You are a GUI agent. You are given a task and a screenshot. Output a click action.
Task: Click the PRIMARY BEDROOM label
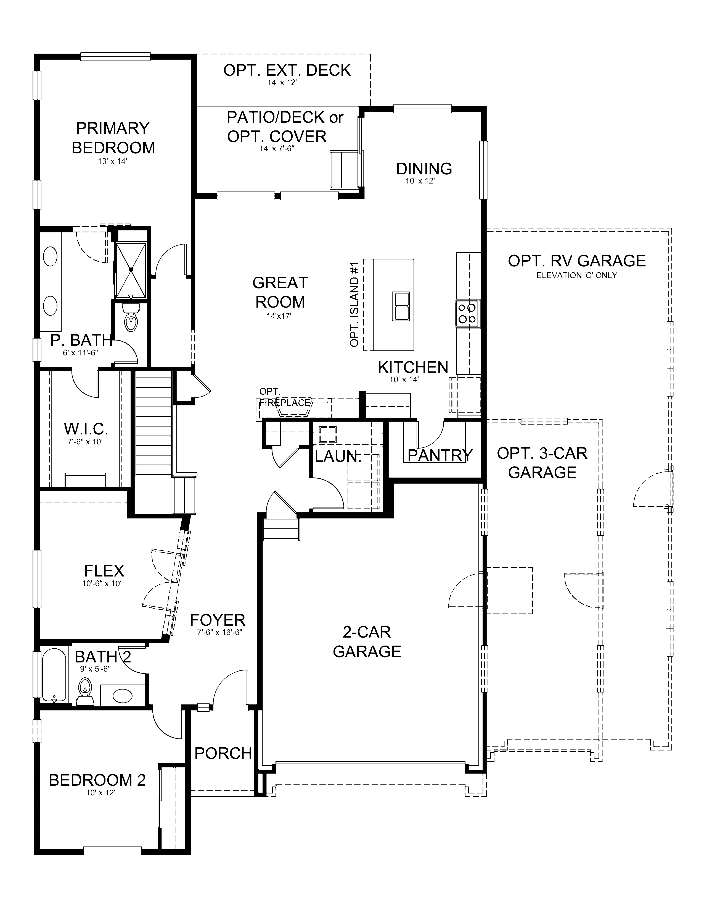(113, 138)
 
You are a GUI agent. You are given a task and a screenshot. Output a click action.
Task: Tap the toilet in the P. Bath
(131, 318)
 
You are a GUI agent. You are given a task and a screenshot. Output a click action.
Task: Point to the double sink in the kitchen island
(400, 306)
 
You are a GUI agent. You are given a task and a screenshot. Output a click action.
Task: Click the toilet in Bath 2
(85, 692)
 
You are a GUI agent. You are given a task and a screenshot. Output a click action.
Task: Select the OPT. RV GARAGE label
(576, 261)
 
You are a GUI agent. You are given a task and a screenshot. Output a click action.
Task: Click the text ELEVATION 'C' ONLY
(576, 275)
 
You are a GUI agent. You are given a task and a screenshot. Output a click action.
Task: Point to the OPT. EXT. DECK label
(287, 70)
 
